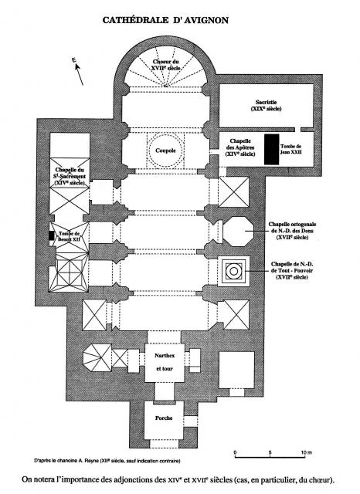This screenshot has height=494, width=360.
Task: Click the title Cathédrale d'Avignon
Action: coord(165,20)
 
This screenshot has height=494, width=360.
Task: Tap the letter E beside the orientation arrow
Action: coord(74,60)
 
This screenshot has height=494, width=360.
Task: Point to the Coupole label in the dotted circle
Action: coord(165,151)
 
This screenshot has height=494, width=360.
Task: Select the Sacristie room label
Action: coord(266,105)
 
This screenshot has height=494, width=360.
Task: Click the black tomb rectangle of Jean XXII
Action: coord(271,149)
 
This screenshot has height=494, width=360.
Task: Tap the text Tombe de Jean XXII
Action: coord(290,149)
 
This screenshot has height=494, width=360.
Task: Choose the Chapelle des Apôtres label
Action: coord(240,147)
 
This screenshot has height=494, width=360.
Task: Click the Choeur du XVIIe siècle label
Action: coord(165,65)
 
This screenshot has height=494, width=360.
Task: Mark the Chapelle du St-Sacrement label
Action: coord(70,177)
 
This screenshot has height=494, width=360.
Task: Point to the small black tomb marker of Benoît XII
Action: coord(52,235)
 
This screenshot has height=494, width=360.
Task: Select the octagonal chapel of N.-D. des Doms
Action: coord(238,232)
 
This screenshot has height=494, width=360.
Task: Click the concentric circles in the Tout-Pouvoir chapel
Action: coord(233,271)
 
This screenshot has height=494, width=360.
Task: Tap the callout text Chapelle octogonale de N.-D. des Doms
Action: coord(292,231)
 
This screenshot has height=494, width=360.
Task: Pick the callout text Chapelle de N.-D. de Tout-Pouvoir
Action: coord(292,271)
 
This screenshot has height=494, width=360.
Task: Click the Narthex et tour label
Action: coord(165,362)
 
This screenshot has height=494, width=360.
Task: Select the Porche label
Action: coord(164,418)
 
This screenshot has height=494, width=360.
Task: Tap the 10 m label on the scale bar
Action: coord(306,453)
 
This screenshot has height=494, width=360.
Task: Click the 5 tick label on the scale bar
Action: coord(270,453)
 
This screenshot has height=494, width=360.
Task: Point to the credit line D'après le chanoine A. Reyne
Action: coord(107,461)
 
